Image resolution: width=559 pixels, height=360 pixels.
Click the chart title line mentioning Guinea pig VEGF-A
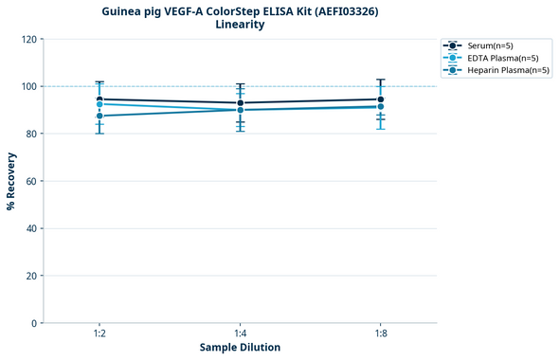(x=240, y=10)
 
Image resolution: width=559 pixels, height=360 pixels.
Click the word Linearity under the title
(x=240, y=25)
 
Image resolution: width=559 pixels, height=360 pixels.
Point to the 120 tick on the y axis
(x=28, y=39)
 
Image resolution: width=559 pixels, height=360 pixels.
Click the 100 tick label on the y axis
(x=28, y=86)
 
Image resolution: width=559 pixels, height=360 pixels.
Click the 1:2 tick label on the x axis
(x=99, y=334)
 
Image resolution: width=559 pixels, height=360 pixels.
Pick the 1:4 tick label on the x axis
(x=240, y=334)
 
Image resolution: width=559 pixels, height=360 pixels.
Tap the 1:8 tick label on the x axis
(x=380, y=334)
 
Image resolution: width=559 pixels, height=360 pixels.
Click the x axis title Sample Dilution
(x=240, y=348)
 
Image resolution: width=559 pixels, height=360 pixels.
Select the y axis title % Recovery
(x=11, y=181)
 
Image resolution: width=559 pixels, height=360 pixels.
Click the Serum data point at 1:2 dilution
(x=99, y=99)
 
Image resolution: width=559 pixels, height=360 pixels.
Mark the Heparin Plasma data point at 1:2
(x=99, y=116)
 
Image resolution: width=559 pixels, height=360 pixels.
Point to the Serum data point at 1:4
(x=240, y=102)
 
